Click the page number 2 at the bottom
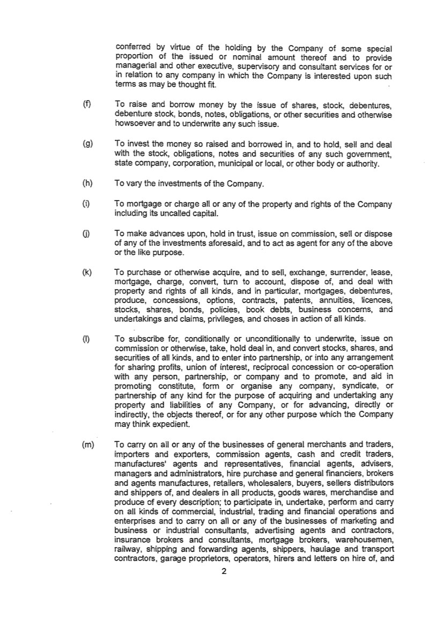point(224,571)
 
